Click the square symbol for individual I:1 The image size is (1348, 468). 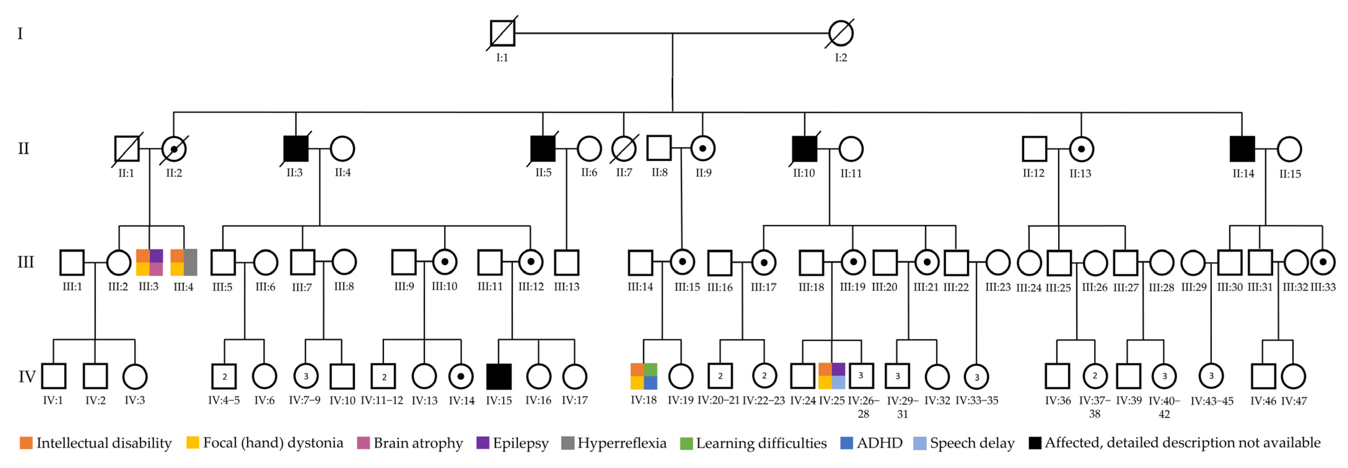tap(502, 33)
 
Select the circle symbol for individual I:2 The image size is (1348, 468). tap(841, 33)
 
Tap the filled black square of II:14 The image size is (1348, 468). tap(1242, 149)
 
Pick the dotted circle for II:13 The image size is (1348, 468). tap(1081, 149)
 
